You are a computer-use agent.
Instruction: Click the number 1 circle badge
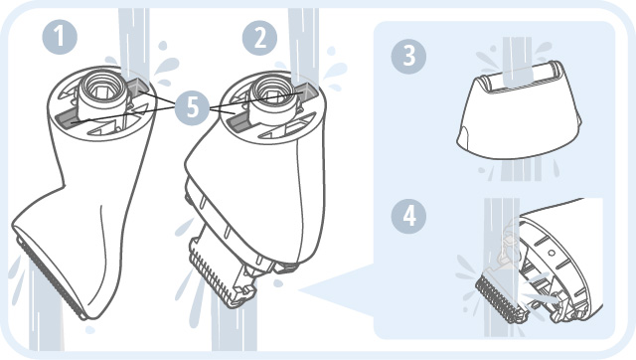point(60,37)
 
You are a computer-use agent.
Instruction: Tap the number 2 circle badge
point(259,38)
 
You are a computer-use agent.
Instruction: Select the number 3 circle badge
point(408,56)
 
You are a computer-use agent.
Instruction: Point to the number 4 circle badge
point(408,216)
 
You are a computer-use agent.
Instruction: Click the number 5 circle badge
point(192,107)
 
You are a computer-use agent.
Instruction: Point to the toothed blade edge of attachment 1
point(49,277)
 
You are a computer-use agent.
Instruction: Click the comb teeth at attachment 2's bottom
point(211,276)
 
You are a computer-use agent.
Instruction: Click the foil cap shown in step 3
point(519,109)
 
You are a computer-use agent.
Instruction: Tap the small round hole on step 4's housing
point(552,253)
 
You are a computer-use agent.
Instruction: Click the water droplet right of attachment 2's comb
point(278,283)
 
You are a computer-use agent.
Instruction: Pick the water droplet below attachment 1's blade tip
point(90,329)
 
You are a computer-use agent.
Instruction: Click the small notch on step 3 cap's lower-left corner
point(464,133)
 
